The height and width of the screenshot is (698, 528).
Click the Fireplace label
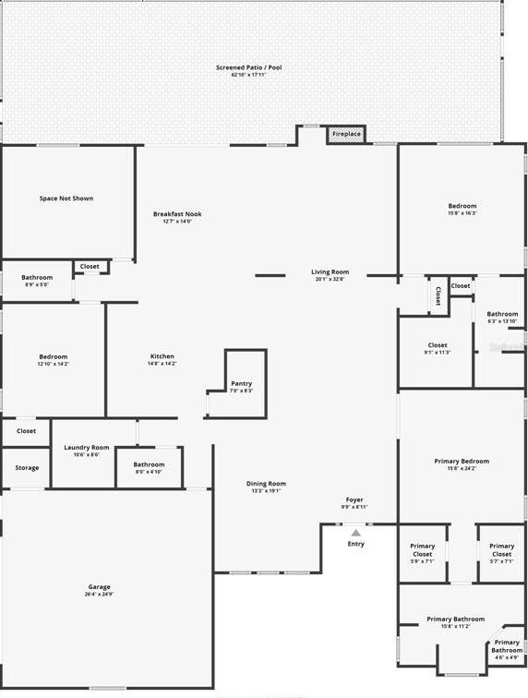[x=347, y=134]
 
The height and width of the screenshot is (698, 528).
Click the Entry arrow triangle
[x=356, y=533]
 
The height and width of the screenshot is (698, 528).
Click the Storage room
[x=27, y=467]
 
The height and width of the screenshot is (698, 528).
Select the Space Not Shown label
[x=66, y=199]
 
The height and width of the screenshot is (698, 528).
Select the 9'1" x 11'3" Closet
[x=438, y=347]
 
